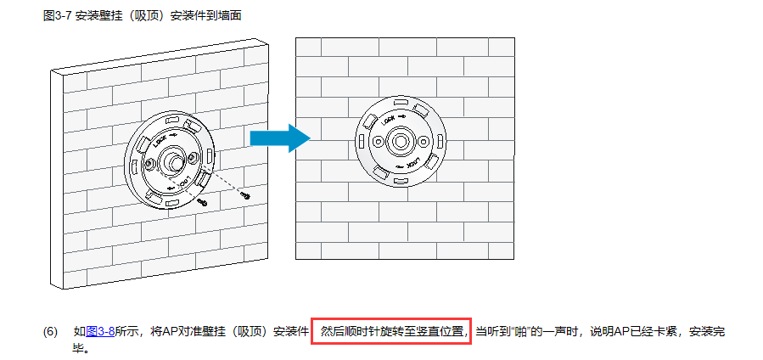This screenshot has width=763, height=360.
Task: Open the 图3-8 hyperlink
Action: (x=100, y=331)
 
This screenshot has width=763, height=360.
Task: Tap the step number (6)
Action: (x=50, y=331)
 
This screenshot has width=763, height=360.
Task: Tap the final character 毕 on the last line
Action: (x=79, y=348)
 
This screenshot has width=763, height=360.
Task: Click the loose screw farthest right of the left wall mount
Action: (x=245, y=194)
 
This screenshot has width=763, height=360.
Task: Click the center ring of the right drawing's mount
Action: (x=400, y=142)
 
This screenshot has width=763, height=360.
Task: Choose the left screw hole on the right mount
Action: (x=378, y=141)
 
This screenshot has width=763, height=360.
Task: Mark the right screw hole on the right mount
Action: (x=421, y=142)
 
